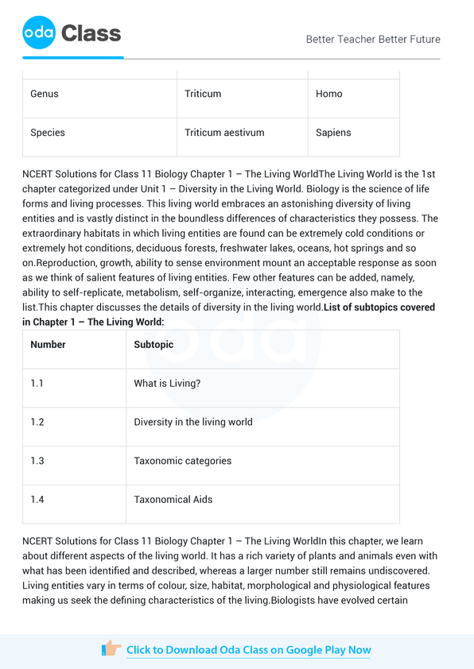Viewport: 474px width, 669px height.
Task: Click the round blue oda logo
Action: (x=39, y=33)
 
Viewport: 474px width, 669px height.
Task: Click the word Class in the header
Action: (x=91, y=33)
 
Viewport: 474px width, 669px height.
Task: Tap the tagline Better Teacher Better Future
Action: (x=372, y=39)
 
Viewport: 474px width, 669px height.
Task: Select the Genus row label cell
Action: (x=45, y=94)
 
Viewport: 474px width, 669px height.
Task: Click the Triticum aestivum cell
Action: (x=224, y=133)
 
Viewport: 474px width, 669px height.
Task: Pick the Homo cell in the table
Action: (x=329, y=94)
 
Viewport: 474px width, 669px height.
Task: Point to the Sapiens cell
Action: (x=333, y=133)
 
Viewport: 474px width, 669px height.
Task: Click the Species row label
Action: (x=48, y=133)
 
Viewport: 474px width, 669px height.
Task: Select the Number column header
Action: (x=48, y=345)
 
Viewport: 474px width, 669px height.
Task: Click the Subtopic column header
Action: (x=153, y=345)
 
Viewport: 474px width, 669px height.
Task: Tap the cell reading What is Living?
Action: (x=167, y=384)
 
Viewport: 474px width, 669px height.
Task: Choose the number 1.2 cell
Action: (x=37, y=422)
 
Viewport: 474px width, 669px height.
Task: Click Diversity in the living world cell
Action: (x=192, y=422)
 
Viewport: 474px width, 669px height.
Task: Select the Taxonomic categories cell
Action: (x=182, y=461)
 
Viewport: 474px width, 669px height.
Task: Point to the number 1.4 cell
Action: (x=37, y=500)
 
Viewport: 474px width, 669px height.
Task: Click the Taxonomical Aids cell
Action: (x=173, y=500)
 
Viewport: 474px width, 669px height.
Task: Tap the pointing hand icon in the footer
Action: (x=111, y=649)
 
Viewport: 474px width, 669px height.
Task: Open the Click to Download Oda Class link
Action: (x=248, y=650)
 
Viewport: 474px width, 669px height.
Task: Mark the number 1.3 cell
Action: (x=37, y=461)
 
